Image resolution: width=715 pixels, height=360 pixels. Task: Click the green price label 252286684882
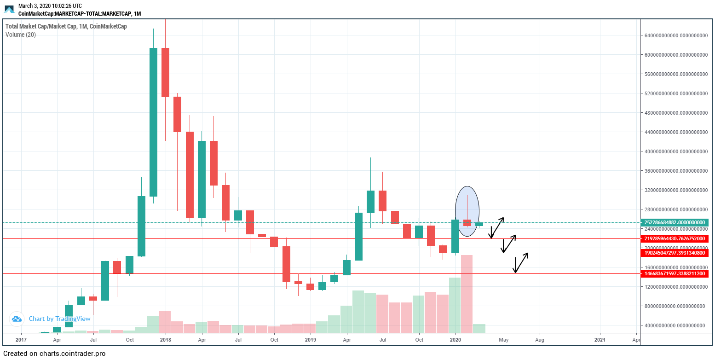(674, 222)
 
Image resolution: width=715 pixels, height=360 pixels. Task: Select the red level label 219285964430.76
(674, 239)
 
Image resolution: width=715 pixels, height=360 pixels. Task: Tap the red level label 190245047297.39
(674, 253)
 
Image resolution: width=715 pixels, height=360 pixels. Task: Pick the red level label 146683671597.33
(674, 273)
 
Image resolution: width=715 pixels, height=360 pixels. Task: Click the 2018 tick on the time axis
(165, 340)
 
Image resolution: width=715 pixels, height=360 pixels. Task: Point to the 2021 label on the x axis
(600, 340)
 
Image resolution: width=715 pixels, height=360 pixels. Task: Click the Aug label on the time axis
(540, 340)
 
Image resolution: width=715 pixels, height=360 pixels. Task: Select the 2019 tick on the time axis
(311, 340)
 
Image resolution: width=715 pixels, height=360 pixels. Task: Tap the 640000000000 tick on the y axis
(674, 35)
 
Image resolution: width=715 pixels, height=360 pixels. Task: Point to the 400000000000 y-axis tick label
(674, 151)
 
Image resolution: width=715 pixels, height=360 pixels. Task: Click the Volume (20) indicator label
(21, 35)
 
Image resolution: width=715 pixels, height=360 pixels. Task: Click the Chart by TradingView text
(53, 319)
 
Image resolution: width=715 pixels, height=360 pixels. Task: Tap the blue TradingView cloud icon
(17, 319)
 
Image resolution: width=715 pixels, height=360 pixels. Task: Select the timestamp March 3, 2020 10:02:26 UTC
(50, 6)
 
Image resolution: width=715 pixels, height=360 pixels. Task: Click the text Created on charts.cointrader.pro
(54, 354)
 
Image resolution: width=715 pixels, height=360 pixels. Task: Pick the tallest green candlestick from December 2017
(153, 122)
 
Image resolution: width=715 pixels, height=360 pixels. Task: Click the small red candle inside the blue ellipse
(467, 223)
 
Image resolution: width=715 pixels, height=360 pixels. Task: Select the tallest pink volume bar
(467, 294)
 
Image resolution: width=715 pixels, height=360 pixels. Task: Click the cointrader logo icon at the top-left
(9, 9)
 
